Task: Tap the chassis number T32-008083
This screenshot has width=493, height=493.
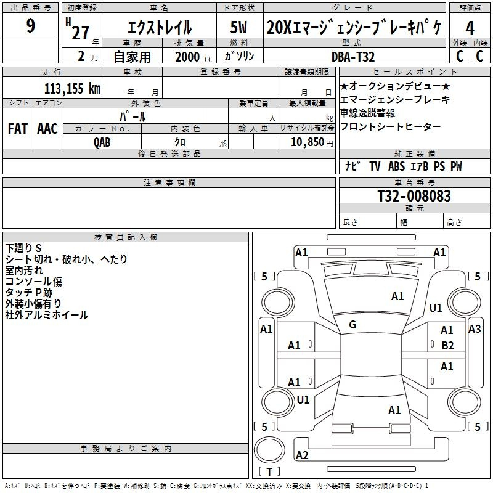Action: pos(414,196)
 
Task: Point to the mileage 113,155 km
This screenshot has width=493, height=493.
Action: pos(72,88)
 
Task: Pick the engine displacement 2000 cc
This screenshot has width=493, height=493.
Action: pos(188,57)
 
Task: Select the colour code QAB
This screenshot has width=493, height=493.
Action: pos(102,142)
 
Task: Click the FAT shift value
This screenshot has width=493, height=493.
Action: pos(17,129)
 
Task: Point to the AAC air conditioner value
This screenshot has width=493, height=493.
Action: pos(47,129)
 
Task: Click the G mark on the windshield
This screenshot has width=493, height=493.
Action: pos(352,324)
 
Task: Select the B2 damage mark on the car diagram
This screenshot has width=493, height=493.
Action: pos(447,345)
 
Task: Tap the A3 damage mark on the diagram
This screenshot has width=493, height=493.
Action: pos(474,329)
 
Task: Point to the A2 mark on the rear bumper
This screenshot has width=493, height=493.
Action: pos(302,455)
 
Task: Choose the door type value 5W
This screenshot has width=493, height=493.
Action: pos(240,27)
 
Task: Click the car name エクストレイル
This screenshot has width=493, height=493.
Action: pos(159,28)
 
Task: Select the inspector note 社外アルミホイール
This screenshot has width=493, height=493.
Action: pos(47,315)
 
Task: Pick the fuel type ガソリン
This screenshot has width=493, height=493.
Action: pos(240,56)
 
